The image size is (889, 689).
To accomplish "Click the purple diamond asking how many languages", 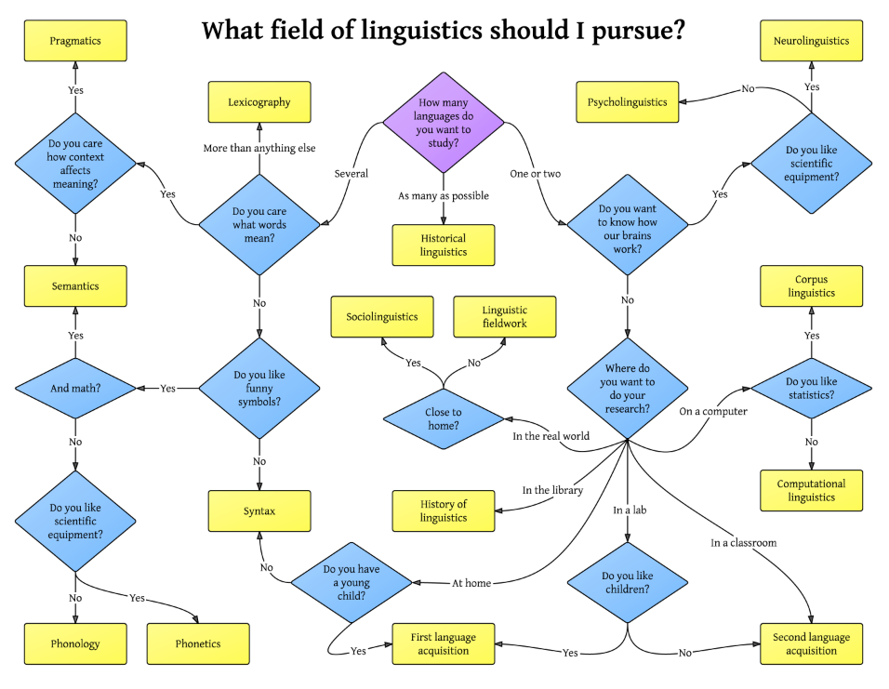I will click(x=444, y=123).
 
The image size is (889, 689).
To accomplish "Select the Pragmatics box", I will click(x=75, y=42).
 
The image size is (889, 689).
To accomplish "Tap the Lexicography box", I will click(x=259, y=102).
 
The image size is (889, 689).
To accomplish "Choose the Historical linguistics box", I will click(x=444, y=245).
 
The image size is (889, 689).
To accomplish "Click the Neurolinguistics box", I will click(x=811, y=42).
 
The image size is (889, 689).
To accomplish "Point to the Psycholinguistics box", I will click(x=628, y=102).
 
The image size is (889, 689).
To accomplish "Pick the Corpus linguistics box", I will click(x=811, y=286).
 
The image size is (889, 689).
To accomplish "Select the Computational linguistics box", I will click(x=811, y=490).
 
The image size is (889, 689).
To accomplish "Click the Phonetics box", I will click(x=198, y=643).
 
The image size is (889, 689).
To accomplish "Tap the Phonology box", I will click(x=75, y=643).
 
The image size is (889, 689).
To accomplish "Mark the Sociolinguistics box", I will click(x=382, y=317).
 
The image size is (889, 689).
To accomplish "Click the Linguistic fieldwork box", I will click(x=505, y=317).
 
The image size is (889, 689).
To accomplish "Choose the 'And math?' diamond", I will click(x=75, y=388).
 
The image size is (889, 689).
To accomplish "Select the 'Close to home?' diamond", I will click(x=444, y=418).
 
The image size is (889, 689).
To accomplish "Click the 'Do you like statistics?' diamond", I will click(x=811, y=388).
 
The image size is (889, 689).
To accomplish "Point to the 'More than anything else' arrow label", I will click(x=259, y=149).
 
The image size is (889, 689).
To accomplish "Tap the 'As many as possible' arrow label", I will click(x=444, y=196).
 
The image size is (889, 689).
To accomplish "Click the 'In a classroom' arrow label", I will click(x=743, y=542).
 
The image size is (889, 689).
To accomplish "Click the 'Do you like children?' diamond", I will click(x=628, y=582).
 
